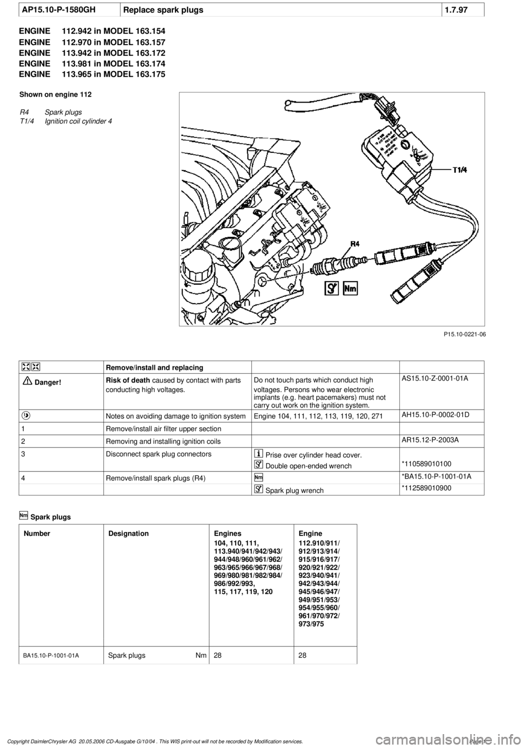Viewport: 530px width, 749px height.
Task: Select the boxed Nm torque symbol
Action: click(x=350, y=288)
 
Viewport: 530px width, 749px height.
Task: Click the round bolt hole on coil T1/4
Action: click(x=407, y=145)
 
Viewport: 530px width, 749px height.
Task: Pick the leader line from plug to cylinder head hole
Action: click(x=287, y=277)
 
